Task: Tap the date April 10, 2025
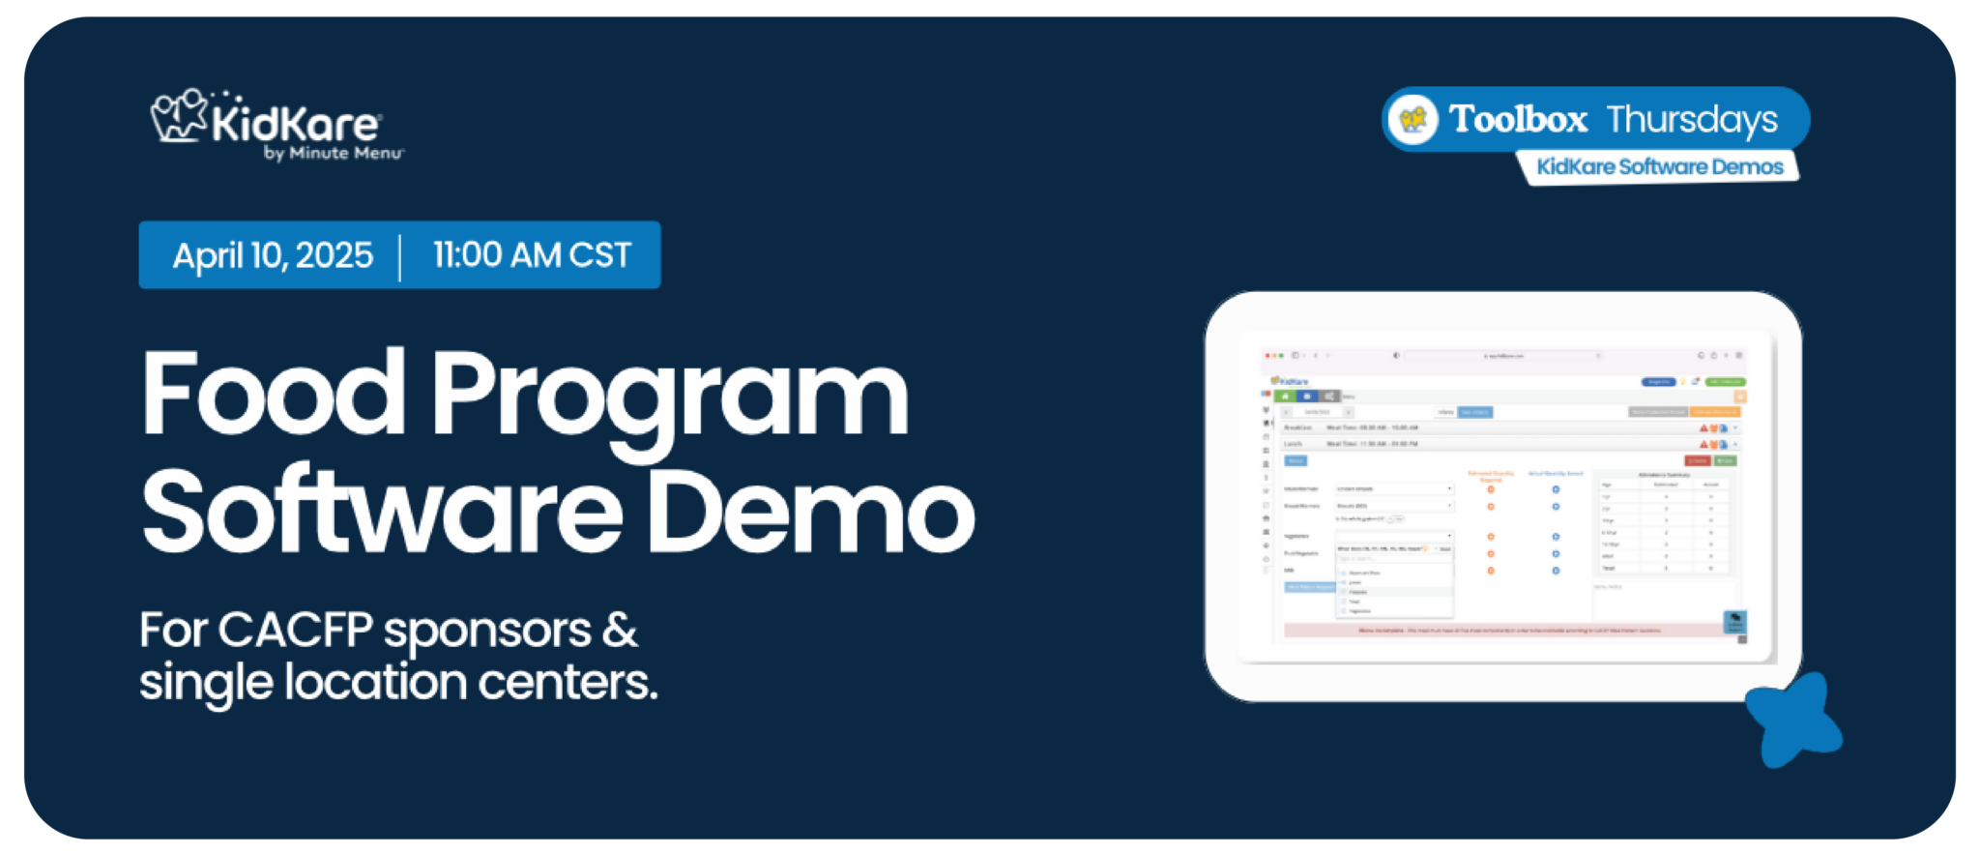(x=273, y=255)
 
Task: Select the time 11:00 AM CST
(x=532, y=255)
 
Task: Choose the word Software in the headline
(x=382, y=511)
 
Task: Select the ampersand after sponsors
(x=620, y=631)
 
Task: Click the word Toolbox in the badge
(x=1518, y=119)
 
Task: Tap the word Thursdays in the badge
(x=1692, y=120)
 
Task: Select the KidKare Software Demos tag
(x=1659, y=166)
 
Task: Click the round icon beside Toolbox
(x=1413, y=120)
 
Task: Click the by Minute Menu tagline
(x=334, y=154)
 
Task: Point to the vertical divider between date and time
(x=400, y=256)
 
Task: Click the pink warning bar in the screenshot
(x=1508, y=631)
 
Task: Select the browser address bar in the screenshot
(x=1503, y=356)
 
